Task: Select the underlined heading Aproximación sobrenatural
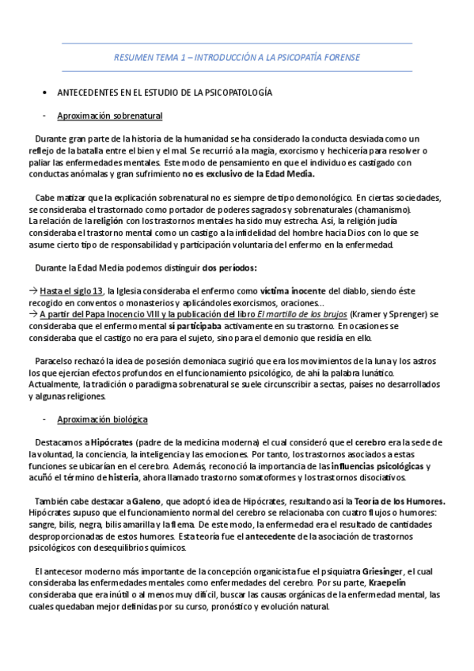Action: pos(110,116)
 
